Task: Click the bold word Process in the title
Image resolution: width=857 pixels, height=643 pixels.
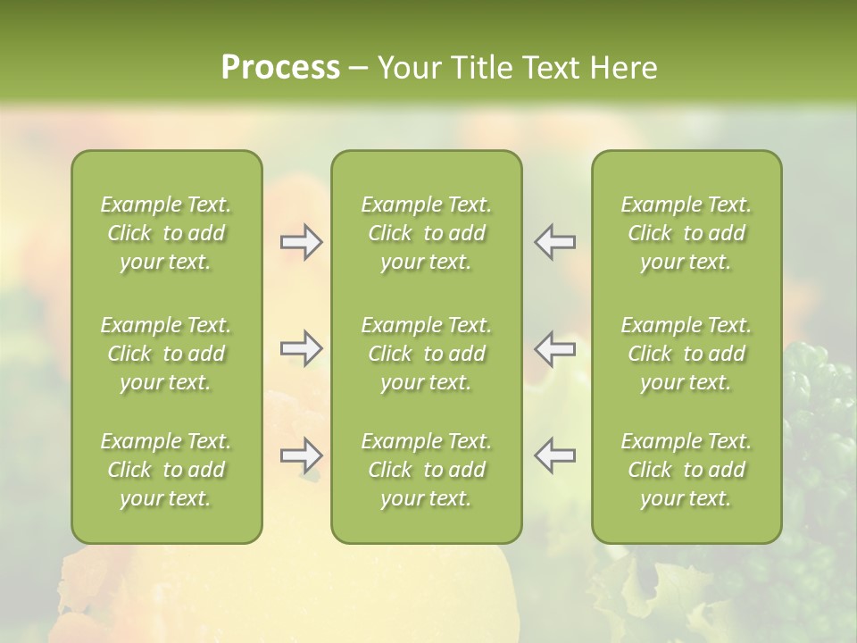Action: (280, 68)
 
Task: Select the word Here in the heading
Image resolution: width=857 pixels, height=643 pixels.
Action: (621, 68)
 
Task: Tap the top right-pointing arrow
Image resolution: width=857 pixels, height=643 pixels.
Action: (302, 242)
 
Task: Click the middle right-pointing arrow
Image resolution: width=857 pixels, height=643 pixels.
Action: (302, 348)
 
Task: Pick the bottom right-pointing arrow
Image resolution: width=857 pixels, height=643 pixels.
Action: (302, 455)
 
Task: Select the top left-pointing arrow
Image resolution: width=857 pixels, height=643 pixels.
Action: (554, 242)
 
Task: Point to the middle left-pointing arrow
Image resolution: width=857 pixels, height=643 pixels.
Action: (554, 348)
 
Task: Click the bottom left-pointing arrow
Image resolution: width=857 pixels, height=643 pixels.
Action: (554, 455)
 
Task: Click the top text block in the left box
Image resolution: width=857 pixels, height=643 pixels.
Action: (166, 233)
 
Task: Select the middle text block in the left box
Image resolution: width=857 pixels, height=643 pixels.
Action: (166, 354)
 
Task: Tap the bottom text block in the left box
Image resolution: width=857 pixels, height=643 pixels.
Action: (166, 470)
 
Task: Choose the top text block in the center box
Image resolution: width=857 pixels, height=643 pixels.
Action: (426, 233)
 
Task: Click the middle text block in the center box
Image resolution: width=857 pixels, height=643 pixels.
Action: (426, 354)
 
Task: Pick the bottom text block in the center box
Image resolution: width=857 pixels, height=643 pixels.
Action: (426, 470)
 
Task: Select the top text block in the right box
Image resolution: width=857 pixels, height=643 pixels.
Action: (686, 233)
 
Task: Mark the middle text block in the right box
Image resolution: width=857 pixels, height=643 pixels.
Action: (686, 354)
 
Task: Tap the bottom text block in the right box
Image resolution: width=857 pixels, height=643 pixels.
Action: (686, 470)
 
